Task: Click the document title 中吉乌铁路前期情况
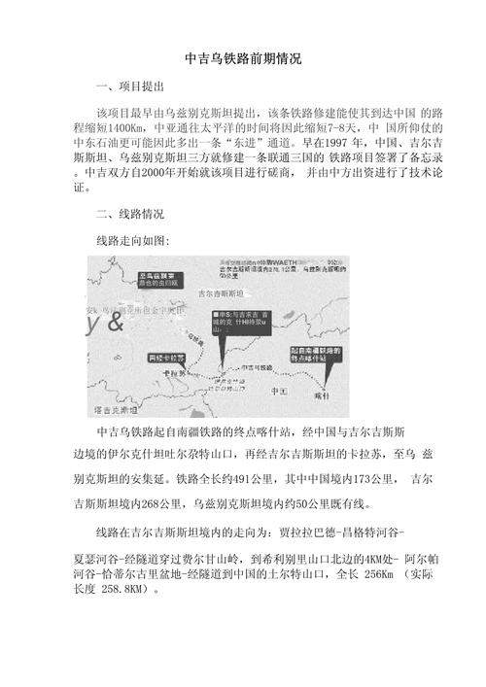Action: pyautogui.click(x=242, y=59)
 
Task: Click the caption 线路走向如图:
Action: pyautogui.click(x=133, y=239)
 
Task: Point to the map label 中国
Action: pyautogui.click(x=280, y=363)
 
